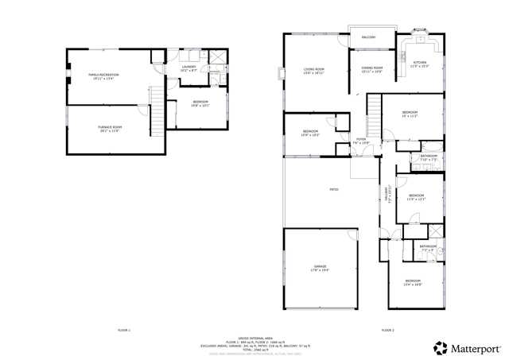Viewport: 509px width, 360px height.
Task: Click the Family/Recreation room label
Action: coord(103,77)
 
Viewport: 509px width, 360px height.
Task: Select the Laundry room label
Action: coord(188,69)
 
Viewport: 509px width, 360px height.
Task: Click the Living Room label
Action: coord(314,71)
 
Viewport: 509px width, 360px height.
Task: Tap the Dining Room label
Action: coord(372,70)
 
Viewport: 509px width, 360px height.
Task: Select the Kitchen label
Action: coord(419,64)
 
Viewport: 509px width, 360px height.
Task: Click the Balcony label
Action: coord(369,37)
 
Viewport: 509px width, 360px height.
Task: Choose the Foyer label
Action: coord(361,141)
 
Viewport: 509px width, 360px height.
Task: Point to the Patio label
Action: coord(335,189)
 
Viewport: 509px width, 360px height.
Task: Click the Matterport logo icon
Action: coord(440,347)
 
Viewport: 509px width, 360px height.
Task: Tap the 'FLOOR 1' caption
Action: coord(123,329)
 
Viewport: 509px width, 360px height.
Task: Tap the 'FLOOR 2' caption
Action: coord(387,329)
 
